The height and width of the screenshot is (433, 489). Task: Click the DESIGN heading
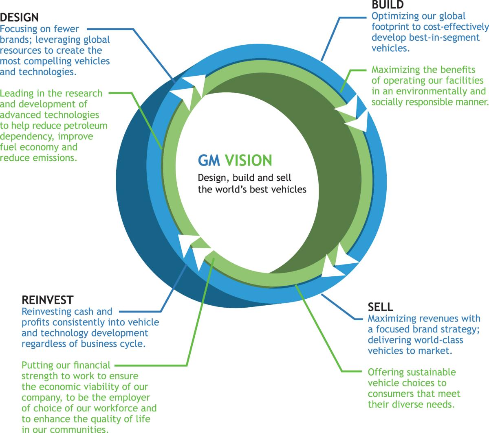coord(19,17)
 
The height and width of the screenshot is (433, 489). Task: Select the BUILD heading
coord(388,5)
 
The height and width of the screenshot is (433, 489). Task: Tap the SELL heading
coord(380,307)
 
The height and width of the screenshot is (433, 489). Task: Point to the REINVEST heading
coord(48,300)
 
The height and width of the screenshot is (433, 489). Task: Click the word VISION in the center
coord(248,160)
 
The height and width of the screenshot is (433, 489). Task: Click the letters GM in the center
coord(209,160)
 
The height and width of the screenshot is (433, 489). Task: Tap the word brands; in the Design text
coord(16,39)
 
